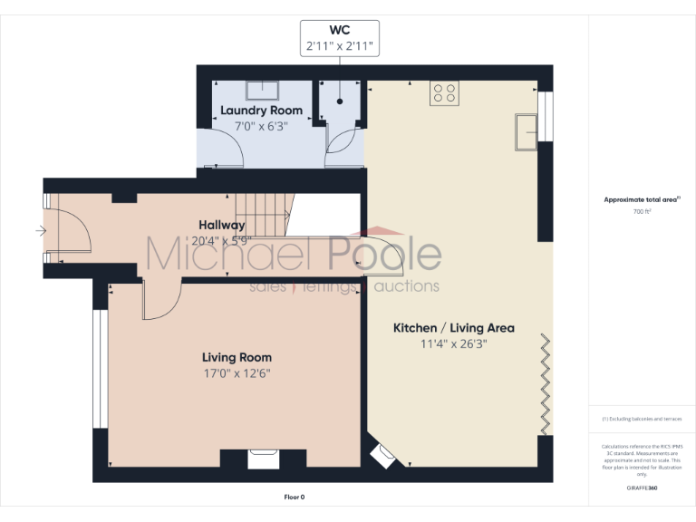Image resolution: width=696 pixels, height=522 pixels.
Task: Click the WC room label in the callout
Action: click(339, 29)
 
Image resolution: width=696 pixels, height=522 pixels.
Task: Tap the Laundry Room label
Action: click(261, 111)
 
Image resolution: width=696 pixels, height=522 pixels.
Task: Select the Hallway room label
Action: click(222, 225)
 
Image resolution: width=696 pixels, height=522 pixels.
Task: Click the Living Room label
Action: click(237, 357)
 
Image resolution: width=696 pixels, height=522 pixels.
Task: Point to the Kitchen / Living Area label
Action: click(453, 327)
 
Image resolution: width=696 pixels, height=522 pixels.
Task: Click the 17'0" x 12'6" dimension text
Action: click(237, 372)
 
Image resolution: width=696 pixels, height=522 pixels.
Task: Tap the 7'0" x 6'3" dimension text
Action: click(261, 126)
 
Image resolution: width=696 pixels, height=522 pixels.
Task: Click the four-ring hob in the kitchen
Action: click(444, 92)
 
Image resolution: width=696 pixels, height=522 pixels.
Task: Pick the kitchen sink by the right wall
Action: click(526, 131)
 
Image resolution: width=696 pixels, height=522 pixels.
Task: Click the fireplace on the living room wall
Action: click(263, 459)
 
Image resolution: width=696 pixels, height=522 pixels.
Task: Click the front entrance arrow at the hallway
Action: click(40, 231)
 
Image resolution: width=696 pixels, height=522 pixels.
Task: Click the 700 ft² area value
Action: click(641, 211)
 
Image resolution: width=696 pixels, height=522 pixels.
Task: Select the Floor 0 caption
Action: click(295, 497)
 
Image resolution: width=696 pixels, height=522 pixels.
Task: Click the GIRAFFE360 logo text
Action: click(641, 488)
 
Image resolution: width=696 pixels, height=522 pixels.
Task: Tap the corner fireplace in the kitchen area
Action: click(382, 453)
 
